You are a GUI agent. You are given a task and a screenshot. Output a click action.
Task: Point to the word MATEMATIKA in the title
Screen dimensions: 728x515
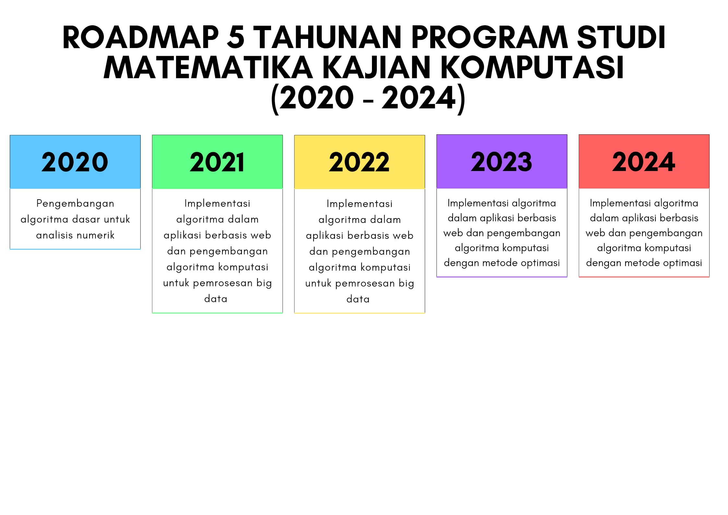pyautogui.click(x=208, y=67)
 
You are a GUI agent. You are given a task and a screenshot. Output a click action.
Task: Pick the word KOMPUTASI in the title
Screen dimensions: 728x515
pyautogui.click(x=532, y=67)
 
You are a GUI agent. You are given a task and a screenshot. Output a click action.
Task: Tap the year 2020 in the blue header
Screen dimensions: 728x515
pyautogui.click(x=75, y=162)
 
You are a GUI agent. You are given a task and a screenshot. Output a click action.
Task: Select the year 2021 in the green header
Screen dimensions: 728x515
pyautogui.click(x=217, y=162)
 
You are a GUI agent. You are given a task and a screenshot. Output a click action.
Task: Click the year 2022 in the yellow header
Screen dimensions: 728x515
pyautogui.click(x=359, y=162)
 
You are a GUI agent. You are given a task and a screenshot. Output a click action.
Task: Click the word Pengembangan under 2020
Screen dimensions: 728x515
pyautogui.click(x=75, y=204)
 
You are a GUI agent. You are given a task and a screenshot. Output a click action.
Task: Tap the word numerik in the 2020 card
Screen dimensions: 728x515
pyautogui.click(x=96, y=235)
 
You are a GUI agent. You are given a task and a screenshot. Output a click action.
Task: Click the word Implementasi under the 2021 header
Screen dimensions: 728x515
pyautogui.click(x=217, y=203)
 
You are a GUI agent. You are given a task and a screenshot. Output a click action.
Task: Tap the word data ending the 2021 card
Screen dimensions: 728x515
pyautogui.click(x=216, y=299)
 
